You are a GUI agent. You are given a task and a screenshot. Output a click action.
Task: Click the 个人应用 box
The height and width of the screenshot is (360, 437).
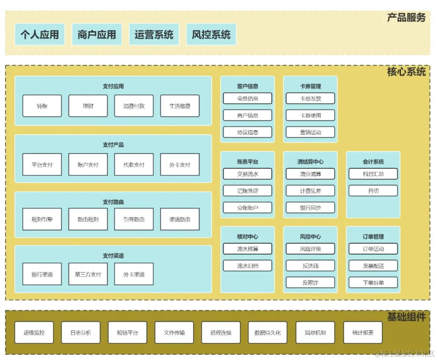[x=40, y=35]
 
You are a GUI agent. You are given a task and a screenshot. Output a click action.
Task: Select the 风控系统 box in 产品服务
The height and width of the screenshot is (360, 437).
[x=211, y=35]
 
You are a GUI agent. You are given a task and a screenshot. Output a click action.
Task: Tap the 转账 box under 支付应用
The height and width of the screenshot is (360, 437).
[x=42, y=106]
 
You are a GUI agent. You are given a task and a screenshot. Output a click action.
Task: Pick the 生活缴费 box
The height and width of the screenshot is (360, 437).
[x=180, y=106]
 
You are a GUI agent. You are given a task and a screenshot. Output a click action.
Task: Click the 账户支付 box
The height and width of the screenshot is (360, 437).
[x=88, y=165]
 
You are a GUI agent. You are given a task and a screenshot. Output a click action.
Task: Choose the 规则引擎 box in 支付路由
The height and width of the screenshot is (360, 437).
[x=42, y=219]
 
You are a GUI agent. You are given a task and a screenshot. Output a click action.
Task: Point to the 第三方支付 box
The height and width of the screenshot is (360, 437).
[x=88, y=274]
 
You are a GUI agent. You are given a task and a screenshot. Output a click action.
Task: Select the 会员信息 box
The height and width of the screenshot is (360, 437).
[x=248, y=98]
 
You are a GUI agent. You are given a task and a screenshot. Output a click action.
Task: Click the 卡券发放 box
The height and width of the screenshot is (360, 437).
[x=310, y=98]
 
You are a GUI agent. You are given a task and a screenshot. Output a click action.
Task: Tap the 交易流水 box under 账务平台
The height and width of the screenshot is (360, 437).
[x=248, y=174]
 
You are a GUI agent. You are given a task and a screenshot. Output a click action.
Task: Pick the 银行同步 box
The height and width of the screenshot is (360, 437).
[x=310, y=208]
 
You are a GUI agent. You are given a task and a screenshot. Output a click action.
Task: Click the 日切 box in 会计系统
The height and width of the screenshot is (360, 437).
[x=373, y=191]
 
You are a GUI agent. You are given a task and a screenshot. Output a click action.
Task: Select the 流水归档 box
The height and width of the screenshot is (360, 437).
[x=248, y=266]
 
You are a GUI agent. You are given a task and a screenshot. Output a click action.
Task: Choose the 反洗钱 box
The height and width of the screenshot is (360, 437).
[x=310, y=266]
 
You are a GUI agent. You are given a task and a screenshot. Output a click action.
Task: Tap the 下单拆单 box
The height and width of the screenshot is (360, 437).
[x=373, y=282]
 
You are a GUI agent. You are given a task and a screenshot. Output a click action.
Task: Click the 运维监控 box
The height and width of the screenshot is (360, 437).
[x=34, y=332]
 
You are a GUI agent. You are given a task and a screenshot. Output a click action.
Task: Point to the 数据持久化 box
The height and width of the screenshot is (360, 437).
[x=268, y=332]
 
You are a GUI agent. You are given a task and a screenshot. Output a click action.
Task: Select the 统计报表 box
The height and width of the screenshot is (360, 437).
[x=363, y=332]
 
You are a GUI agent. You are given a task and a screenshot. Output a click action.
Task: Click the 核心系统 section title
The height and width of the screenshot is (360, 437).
[x=406, y=72]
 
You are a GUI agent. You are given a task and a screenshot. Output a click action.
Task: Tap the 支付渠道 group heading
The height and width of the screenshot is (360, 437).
[x=113, y=256]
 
